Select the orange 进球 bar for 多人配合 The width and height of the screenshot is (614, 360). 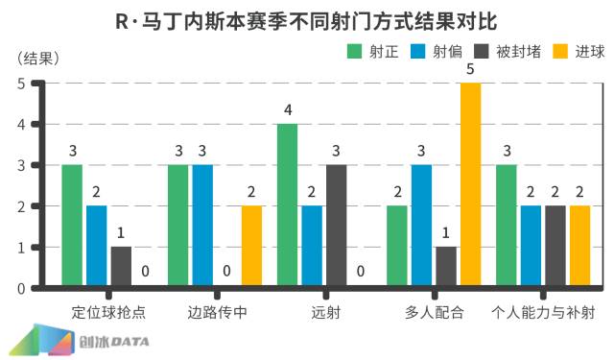(470, 184)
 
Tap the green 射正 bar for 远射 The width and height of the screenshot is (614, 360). (287, 204)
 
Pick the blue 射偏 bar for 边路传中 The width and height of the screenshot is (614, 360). (202, 226)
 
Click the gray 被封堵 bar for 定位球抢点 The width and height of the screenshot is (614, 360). (121, 266)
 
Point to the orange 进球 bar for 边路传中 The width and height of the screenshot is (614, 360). (251, 246)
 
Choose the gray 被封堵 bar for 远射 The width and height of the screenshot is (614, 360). (337, 226)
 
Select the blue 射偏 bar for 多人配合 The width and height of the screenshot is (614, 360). (421, 226)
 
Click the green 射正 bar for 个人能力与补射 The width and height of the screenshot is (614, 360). (506, 226)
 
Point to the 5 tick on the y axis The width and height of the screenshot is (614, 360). (21, 84)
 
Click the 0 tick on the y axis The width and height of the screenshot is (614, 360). (21, 287)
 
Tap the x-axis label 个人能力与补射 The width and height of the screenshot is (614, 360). (542, 312)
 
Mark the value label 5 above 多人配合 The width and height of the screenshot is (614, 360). (470, 69)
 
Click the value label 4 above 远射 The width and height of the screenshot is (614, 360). (287, 110)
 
